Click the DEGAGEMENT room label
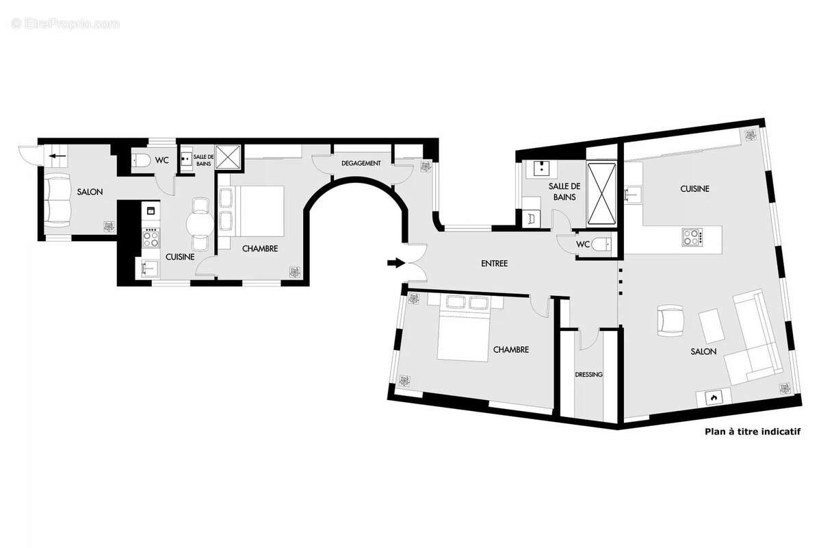click(x=361, y=163)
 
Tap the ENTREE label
click(x=494, y=263)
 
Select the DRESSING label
click(x=588, y=375)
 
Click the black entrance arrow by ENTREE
click(x=395, y=262)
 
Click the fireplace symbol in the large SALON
click(x=713, y=397)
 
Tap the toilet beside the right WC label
click(x=601, y=245)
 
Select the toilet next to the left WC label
click(x=141, y=161)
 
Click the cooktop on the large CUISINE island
click(x=692, y=238)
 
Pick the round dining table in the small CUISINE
click(x=200, y=223)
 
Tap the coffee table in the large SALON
click(x=712, y=325)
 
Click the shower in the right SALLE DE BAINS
click(x=602, y=192)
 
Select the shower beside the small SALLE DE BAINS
click(x=228, y=157)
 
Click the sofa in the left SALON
click(x=57, y=199)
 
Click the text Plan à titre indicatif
click(x=752, y=432)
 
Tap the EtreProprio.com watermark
click(x=66, y=24)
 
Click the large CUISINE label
click(x=694, y=188)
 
